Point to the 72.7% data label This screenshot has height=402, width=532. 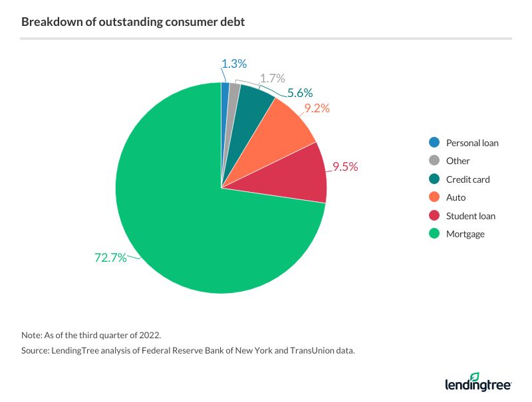tap(110, 258)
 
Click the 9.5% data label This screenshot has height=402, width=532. tap(345, 167)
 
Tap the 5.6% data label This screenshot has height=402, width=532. tap(299, 93)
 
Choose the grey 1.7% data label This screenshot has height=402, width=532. tap(272, 78)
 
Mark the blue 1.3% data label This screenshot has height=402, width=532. tap(234, 64)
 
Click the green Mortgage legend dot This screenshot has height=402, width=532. tap(434, 234)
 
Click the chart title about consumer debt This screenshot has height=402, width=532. tap(133, 22)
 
